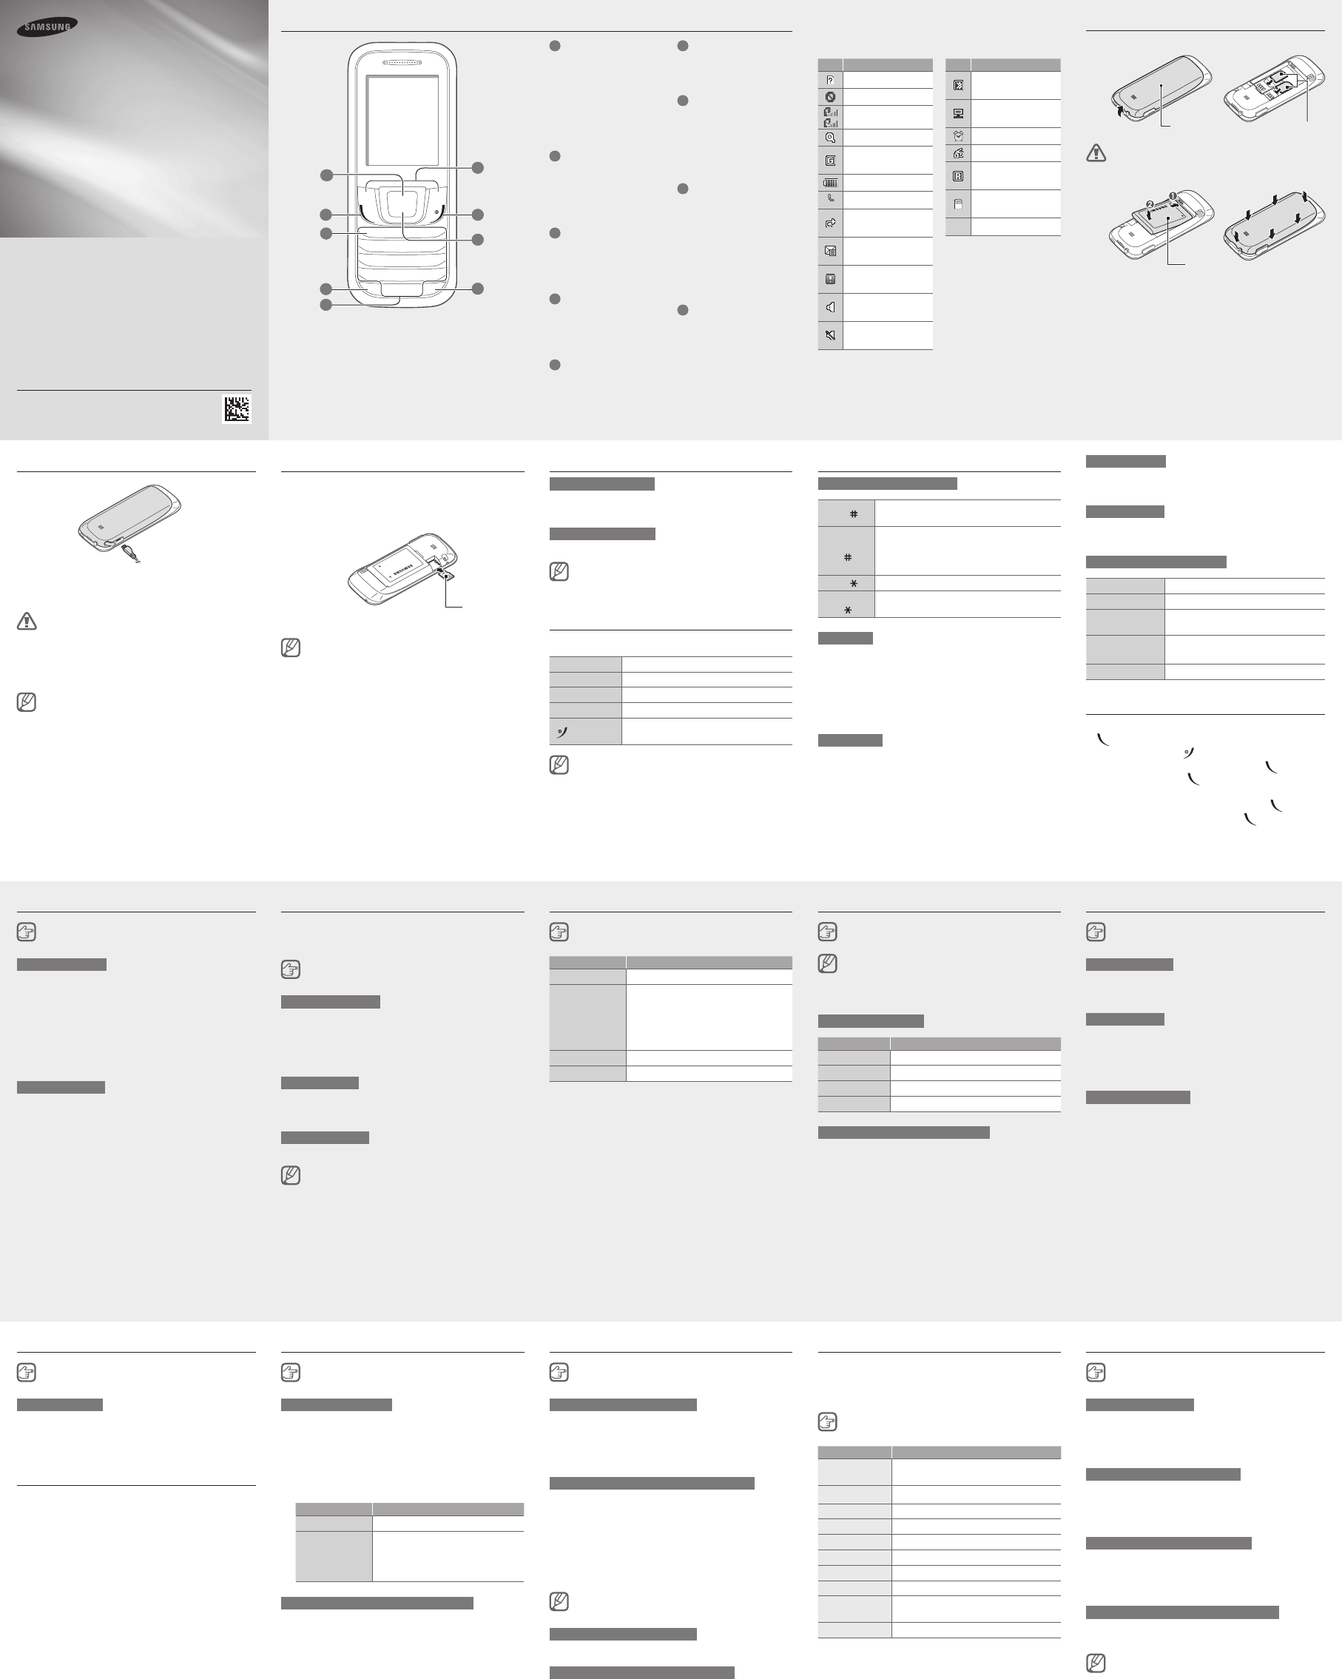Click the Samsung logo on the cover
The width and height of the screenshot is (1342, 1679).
(x=47, y=27)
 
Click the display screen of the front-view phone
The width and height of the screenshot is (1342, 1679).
(x=402, y=121)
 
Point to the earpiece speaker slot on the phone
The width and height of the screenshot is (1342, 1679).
(x=402, y=62)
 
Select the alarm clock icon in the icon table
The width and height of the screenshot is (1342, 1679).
(x=958, y=135)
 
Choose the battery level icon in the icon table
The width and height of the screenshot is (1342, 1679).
(x=831, y=183)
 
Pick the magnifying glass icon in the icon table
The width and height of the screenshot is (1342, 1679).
(x=831, y=138)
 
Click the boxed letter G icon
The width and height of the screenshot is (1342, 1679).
(x=831, y=161)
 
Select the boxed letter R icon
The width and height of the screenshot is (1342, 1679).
(x=958, y=176)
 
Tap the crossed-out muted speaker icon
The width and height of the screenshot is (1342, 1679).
(x=831, y=335)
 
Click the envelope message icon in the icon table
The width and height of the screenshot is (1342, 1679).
(x=831, y=251)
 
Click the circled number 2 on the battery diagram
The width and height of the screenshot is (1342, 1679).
(x=1150, y=204)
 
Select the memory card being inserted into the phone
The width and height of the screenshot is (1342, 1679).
(x=446, y=575)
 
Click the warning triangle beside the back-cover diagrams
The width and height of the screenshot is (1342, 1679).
(x=1096, y=152)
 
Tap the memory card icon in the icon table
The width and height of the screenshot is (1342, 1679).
(x=958, y=205)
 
